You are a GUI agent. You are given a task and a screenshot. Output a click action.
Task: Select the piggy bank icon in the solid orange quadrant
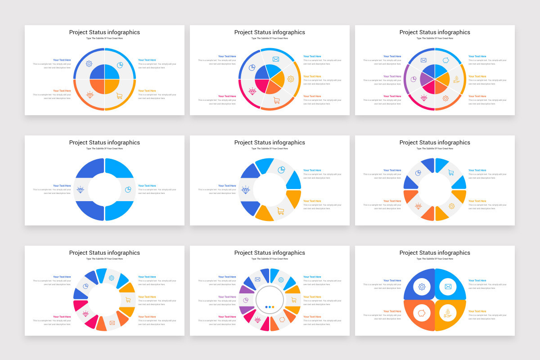pyautogui.click(x=422, y=313)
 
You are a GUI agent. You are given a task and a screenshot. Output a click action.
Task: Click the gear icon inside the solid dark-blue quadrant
pyautogui.click(x=422, y=287)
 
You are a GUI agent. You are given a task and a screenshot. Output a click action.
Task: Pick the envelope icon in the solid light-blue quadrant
pyautogui.click(x=448, y=287)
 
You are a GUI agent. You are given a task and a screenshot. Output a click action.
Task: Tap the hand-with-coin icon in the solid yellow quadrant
pyautogui.click(x=448, y=313)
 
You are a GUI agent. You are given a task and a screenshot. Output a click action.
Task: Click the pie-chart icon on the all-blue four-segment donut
pyautogui.click(x=128, y=189)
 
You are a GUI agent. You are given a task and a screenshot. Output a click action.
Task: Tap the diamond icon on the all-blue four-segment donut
pyautogui.click(x=81, y=189)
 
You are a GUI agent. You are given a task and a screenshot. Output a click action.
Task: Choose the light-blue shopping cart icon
pyautogui.click(x=450, y=172)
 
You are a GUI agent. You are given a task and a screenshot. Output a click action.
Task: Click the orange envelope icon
pyautogui.click(x=112, y=322)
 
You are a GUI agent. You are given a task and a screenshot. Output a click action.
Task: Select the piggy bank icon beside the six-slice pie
pyautogui.click(x=446, y=60)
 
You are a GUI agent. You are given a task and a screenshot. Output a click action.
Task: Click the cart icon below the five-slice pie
pyautogui.click(x=276, y=100)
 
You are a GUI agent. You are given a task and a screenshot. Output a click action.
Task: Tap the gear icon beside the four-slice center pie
pyautogui.click(x=89, y=64)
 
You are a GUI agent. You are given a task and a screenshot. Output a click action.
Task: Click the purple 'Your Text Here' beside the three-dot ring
pyautogui.click(x=227, y=297)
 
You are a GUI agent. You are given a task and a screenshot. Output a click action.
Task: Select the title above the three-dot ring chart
pyautogui.click(x=270, y=253)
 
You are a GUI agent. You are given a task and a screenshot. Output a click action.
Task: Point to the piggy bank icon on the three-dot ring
pyautogui.click(x=283, y=319)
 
